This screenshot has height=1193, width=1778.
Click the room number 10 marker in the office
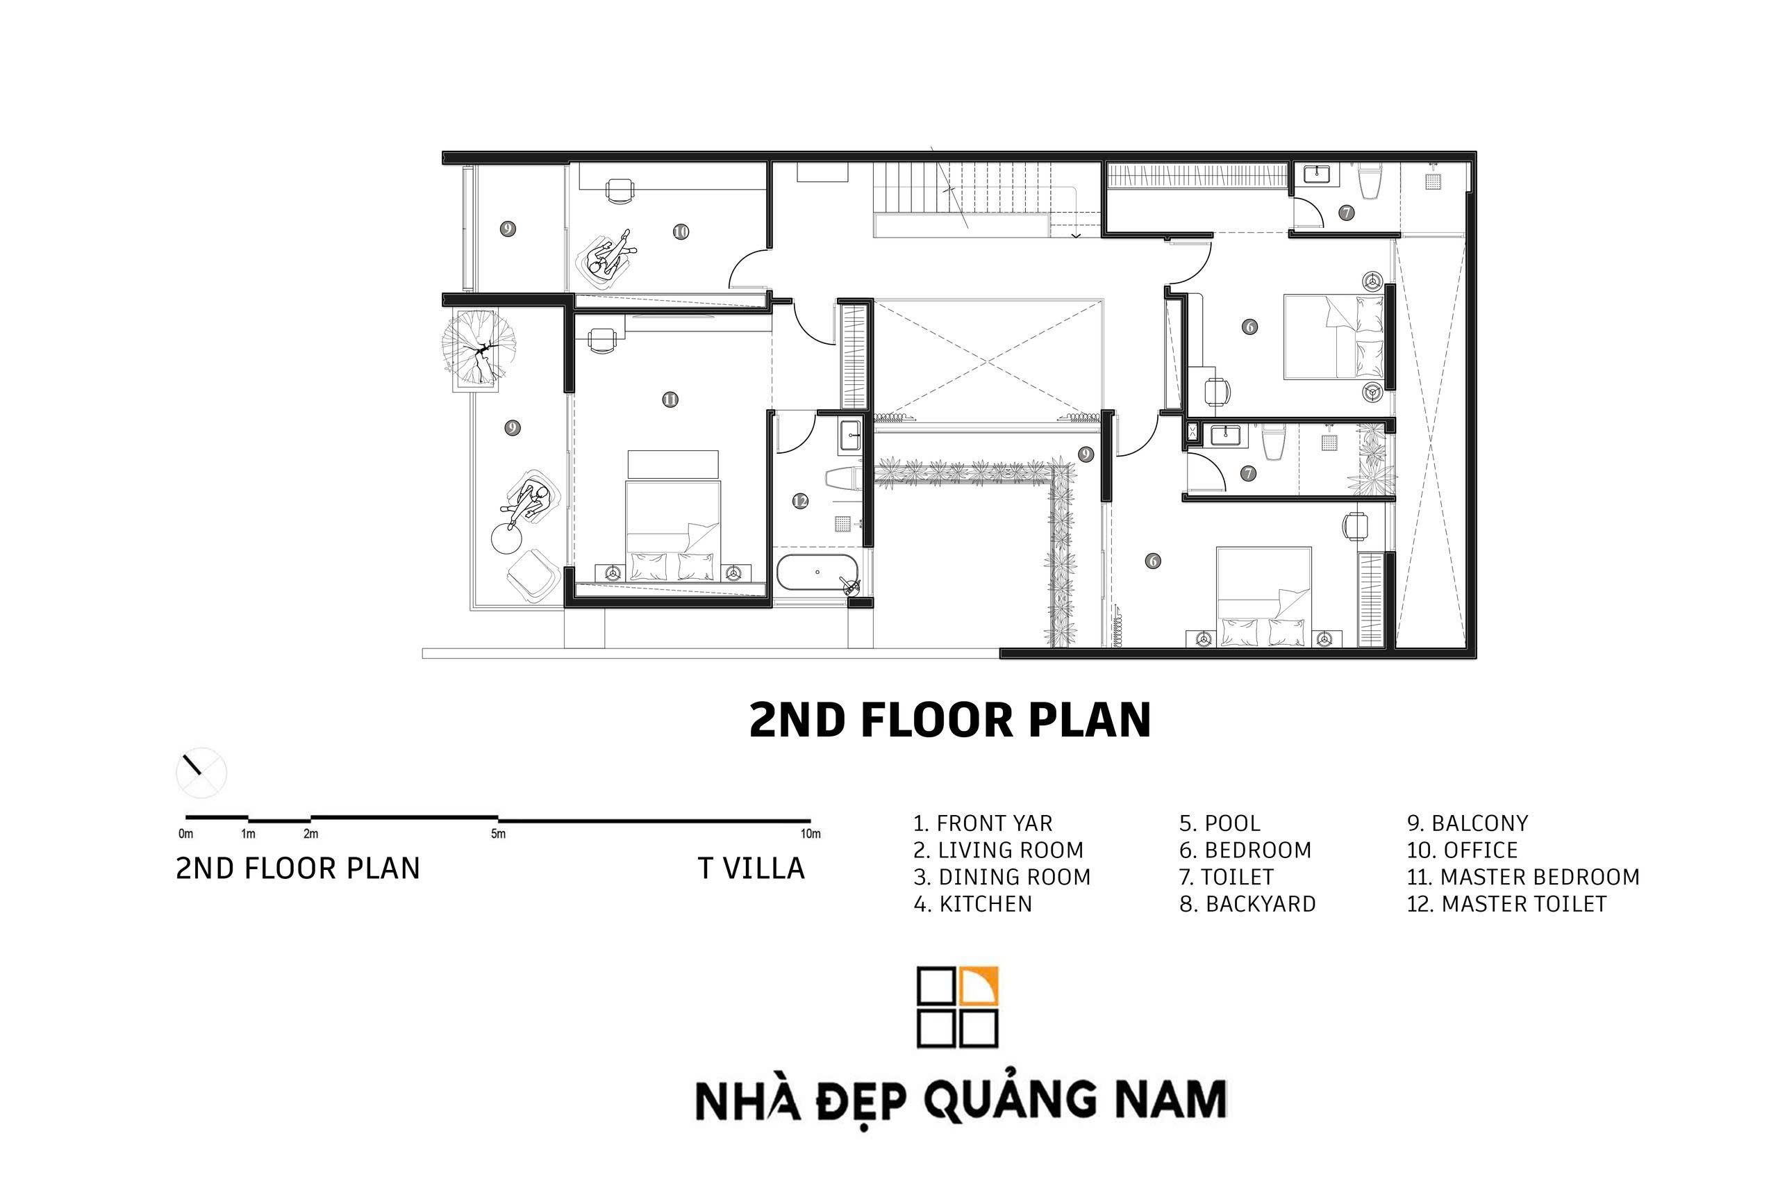pos(681,231)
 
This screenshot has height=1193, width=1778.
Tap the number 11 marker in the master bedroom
pos(670,400)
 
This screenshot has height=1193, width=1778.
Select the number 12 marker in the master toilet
pos(799,501)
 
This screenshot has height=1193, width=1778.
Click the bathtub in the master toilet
pos(817,572)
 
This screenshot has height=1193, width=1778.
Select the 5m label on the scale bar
pos(498,834)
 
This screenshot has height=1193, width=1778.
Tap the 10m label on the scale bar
pos(811,834)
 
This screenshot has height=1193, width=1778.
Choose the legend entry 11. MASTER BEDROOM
pos(1522,876)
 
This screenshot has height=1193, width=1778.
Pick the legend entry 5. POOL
pos(1219,823)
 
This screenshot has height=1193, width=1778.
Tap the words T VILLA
pos(751,868)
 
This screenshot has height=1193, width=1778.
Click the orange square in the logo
pos(979,986)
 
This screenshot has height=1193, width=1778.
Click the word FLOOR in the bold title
pos(937,720)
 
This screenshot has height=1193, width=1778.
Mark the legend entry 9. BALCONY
pos(1467,823)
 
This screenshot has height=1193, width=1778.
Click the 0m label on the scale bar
pos(185,834)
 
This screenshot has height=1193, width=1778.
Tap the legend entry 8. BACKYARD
pos(1247,904)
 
